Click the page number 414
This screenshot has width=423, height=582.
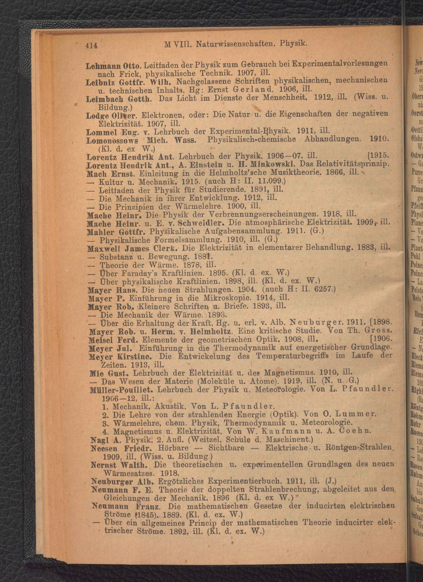tap(92, 46)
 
